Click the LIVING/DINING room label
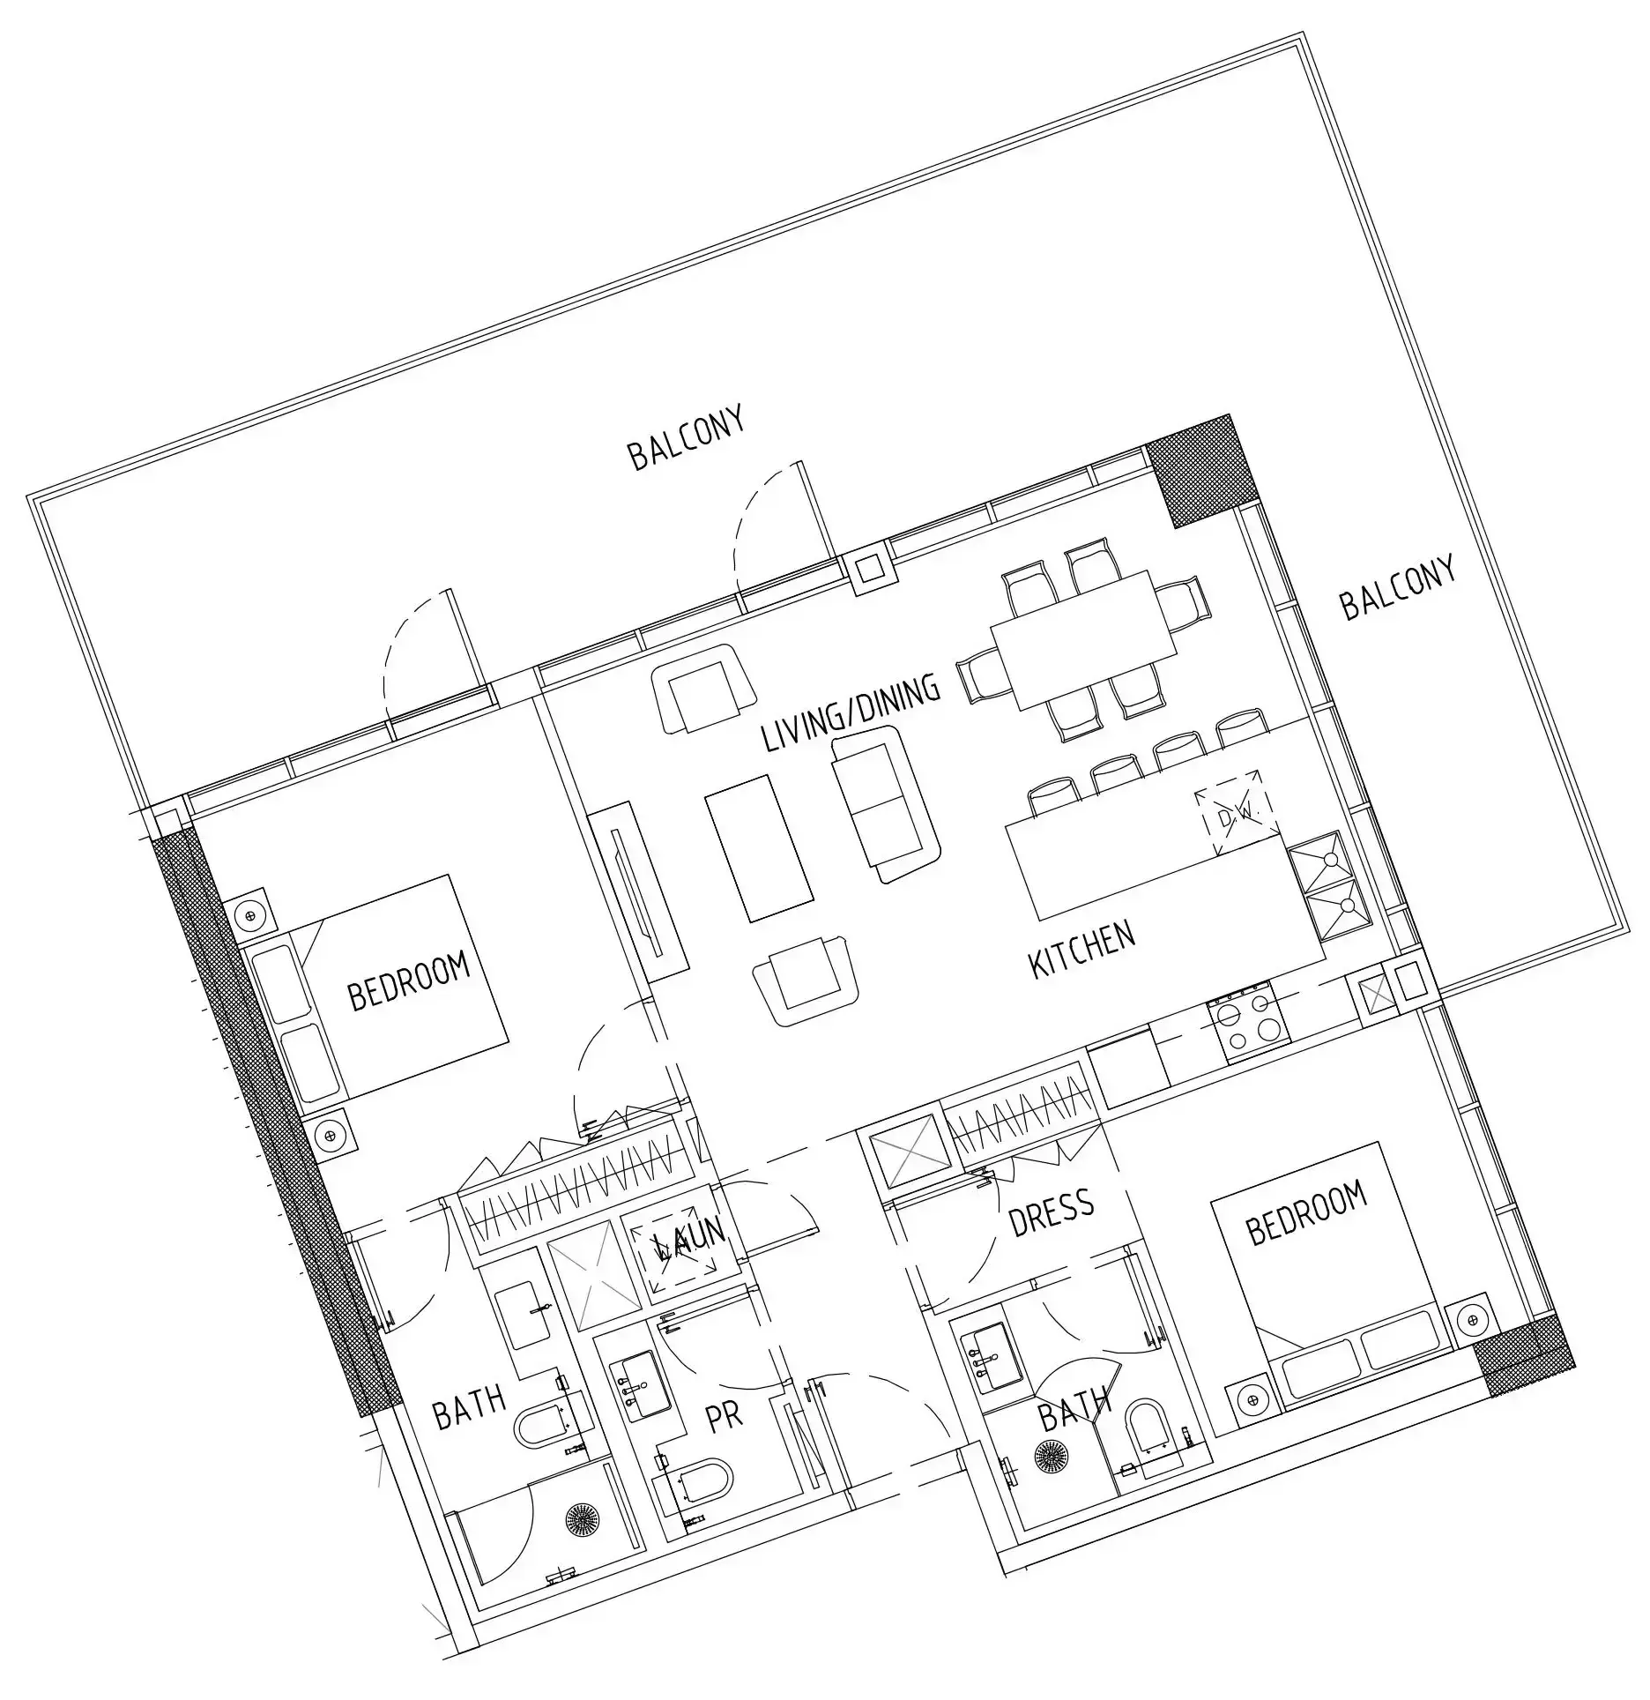[851, 712]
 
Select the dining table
[1084, 639]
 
